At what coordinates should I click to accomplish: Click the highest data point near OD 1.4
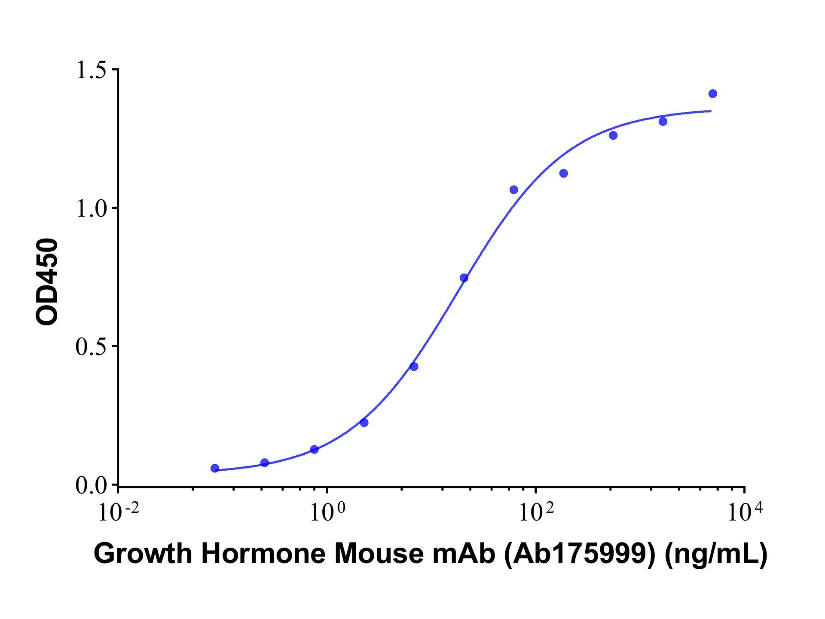coord(712,94)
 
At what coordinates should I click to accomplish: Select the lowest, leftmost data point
coord(215,468)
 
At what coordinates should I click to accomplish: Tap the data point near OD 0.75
coord(464,278)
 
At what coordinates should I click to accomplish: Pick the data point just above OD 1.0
coord(513,190)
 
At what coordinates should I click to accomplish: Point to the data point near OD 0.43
coord(414,367)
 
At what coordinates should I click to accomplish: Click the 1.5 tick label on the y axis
coord(91,70)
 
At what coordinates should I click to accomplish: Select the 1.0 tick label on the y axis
coord(91,209)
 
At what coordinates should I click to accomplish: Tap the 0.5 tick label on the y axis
coord(91,347)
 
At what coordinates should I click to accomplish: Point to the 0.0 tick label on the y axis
coord(91,486)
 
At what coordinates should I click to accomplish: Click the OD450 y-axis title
coord(47,282)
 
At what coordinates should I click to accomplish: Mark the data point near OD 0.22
coord(364,423)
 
